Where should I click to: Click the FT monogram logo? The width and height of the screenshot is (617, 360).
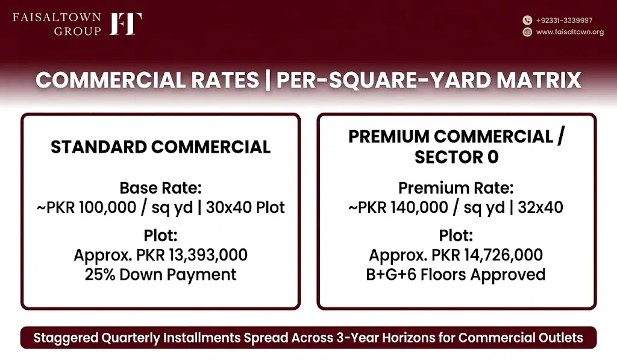pyautogui.click(x=125, y=24)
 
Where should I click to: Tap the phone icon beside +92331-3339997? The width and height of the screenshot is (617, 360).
pyautogui.click(x=527, y=20)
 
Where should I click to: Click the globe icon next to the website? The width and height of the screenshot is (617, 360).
pyautogui.click(x=527, y=32)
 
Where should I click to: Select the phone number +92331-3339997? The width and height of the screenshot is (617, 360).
pyautogui.click(x=564, y=21)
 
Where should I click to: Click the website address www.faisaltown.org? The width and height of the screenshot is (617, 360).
pyautogui.click(x=570, y=32)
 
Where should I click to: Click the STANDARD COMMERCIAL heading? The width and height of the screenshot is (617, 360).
pyautogui.click(x=160, y=147)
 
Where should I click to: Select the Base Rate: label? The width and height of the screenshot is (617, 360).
pyautogui.click(x=160, y=188)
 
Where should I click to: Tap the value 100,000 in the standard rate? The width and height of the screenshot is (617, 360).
pyautogui.click(x=108, y=207)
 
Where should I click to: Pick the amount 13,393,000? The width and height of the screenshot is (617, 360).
pyautogui.click(x=208, y=255)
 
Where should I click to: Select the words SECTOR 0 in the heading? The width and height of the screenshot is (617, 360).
pyautogui.click(x=457, y=157)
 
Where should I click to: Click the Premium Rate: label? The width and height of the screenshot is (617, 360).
pyautogui.click(x=456, y=188)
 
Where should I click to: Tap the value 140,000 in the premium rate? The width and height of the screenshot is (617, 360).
pyautogui.click(x=419, y=207)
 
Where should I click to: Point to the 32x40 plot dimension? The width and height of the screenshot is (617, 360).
pyautogui.click(x=540, y=207)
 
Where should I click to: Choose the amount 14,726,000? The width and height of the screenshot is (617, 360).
pyautogui.click(x=503, y=255)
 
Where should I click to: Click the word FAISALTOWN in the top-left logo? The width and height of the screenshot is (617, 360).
pyautogui.click(x=57, y=17)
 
